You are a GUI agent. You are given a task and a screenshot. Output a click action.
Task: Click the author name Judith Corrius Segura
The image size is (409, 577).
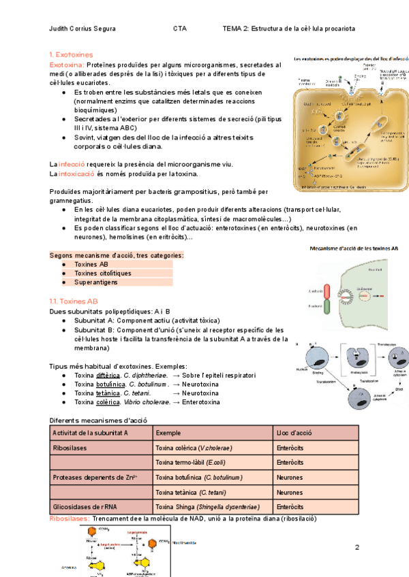83,29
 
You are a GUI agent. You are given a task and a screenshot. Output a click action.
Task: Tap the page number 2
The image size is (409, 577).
357,547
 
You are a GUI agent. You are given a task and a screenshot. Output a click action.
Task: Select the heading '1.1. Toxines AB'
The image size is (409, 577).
74,301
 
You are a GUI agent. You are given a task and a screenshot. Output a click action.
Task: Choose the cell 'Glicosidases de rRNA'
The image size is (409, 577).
85,507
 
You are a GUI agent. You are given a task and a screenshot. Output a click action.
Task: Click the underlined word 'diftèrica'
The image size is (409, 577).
108,375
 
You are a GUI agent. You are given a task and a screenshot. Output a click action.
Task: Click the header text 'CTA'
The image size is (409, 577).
180,29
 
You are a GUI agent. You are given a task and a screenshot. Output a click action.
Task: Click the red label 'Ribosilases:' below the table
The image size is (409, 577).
70,518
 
